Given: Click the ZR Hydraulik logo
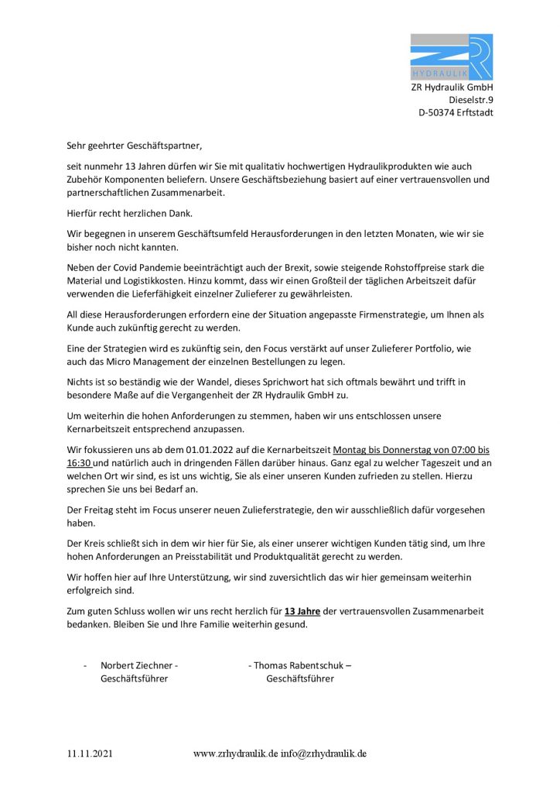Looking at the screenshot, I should click(x=451, y=57).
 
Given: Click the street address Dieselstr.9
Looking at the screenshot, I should click(x=470, y=100).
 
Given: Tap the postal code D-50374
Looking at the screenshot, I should click(x=435, y=112).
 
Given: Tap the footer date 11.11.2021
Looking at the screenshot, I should click(x=89, y=753).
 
